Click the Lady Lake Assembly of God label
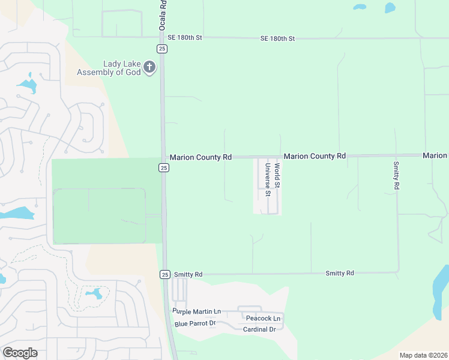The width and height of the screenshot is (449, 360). [x=109, y=68]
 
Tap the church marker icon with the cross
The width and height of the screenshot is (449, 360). [x=149, y=68]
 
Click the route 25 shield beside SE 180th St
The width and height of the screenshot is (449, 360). [x=162, y=48]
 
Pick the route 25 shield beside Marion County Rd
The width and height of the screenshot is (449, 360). [x=164, y=168]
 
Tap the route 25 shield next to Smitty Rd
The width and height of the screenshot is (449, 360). [x=165, y=274]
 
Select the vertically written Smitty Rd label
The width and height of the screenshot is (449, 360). [x=396, y=176]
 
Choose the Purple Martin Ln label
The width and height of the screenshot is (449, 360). [x=197, y=311]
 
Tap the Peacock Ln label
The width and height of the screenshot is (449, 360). [x=263, y=318]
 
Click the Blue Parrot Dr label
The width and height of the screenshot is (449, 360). [x=195, y=323]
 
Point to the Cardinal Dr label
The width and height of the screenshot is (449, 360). [x=259, y=329]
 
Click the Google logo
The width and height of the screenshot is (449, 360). [x=20, y=353]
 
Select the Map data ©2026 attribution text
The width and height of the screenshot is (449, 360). [x=423, y=355]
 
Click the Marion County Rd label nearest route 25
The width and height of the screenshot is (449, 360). [x=200, y=157]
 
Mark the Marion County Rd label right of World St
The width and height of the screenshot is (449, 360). [x=315, y=156]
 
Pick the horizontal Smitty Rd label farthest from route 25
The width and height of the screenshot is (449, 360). [x=340, y=273]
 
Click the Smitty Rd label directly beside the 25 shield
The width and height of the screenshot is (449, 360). [x=188, y=274]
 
